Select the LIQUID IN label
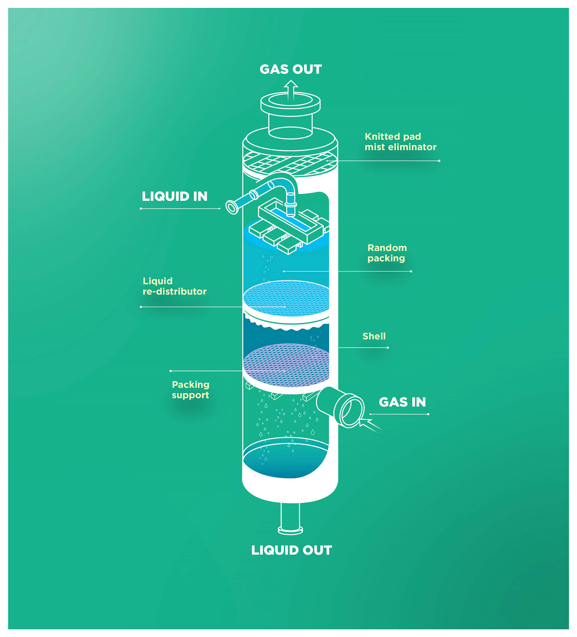click(174, 196)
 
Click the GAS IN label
click(402, 402)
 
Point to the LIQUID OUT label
click(291, 550)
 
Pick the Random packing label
click(387, 253)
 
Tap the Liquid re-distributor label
click(174, 286)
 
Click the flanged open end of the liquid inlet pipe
click(232, 208)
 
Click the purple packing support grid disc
click(286, 365)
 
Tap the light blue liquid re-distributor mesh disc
click(286, 298)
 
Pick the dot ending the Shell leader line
click(388, 348)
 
